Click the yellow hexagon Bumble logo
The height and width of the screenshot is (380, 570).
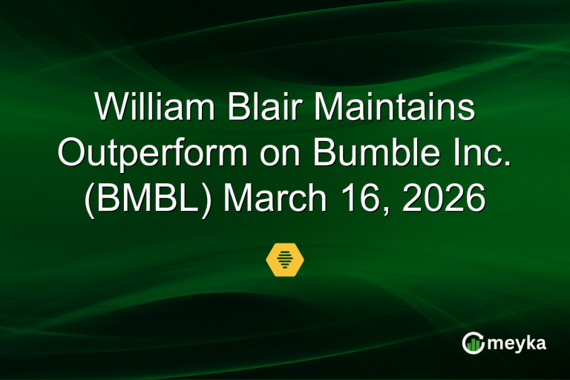[285, 259]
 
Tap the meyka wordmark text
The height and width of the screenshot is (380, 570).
[517, 343]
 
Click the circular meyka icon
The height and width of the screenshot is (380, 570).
[473, 342]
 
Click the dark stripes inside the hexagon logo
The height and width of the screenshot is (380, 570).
[285, 259]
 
